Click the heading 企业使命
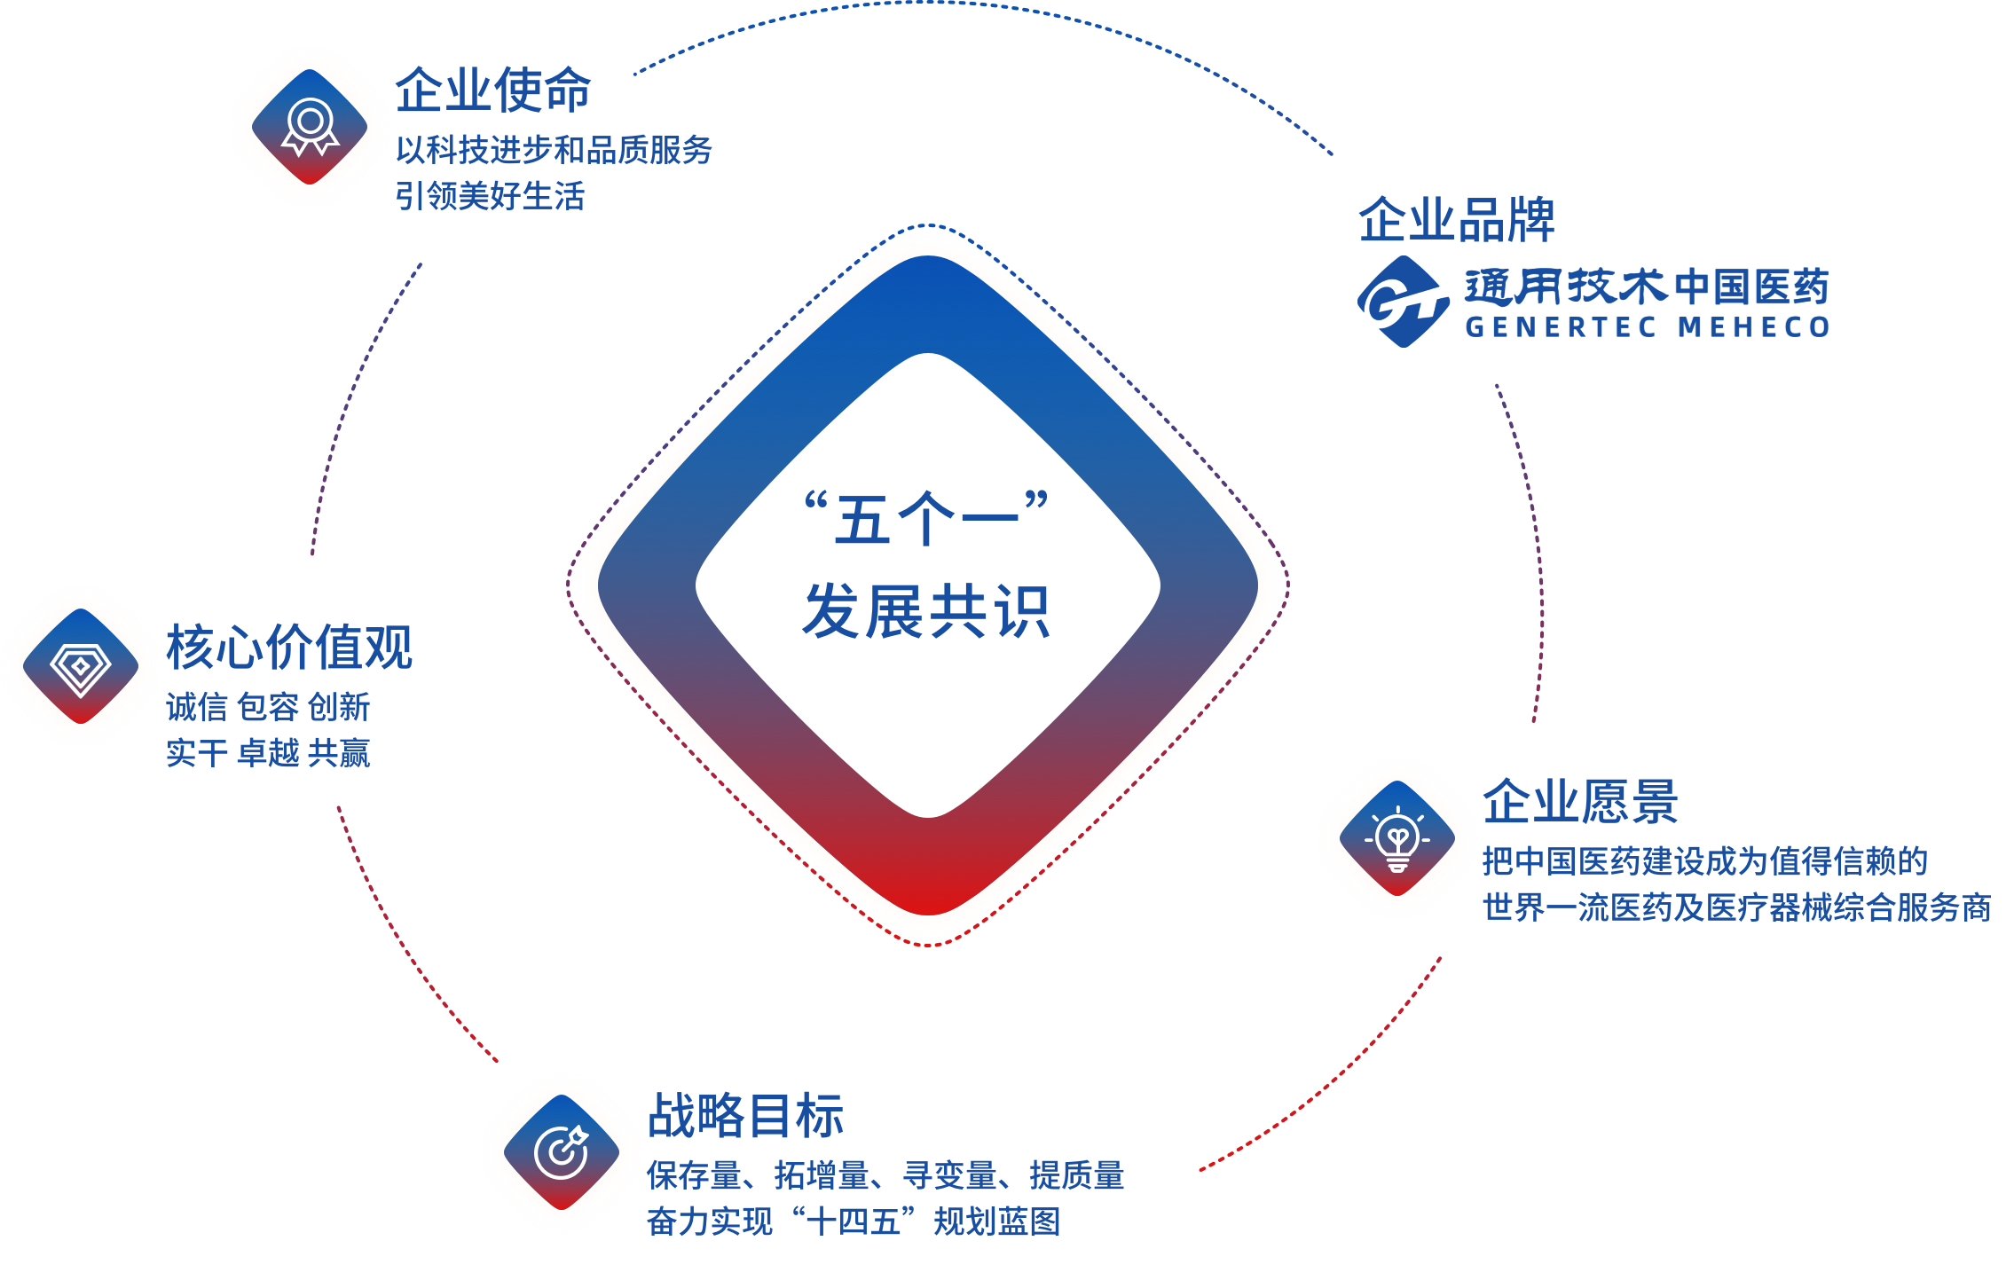coord(492,90)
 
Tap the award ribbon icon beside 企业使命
coord(310,127)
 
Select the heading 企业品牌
coord(1456,220)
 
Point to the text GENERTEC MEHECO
coord(1647,327)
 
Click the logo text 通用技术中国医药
coord(1647,287)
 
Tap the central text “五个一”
coord(927,518)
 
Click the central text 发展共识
coord(927,611)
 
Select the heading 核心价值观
coord(289,647)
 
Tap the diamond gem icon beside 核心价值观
coord(81,666)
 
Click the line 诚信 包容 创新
coord(268,707)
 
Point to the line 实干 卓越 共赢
coord(268,753)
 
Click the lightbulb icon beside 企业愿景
coord(1396,838)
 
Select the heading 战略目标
coord(745,1115)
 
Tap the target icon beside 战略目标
coord(561,1152)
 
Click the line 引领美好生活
coord(490,196)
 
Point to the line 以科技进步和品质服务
coord(554,150)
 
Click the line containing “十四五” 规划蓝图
coord(854,1221)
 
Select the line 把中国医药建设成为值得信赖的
coord(1704,860)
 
